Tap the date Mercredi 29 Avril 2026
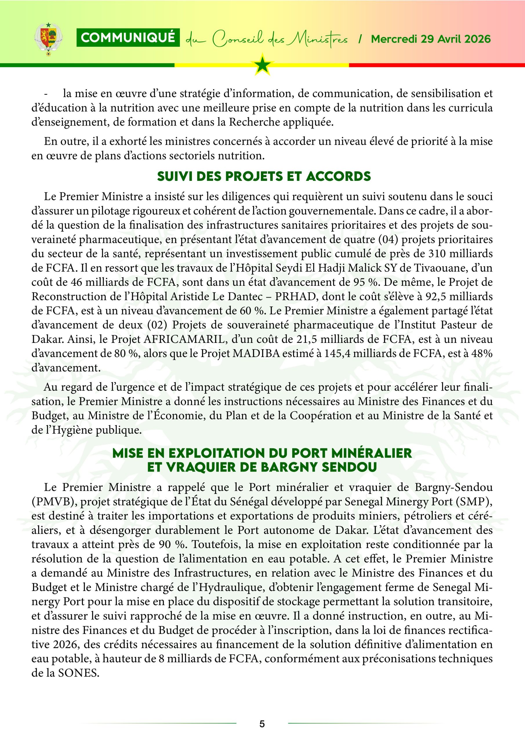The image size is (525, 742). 430,39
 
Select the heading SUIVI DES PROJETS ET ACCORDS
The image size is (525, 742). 264,177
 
